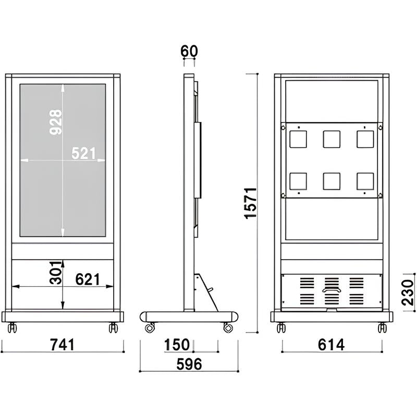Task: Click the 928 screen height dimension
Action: coord(57,122)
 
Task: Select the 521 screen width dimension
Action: coord(84,153)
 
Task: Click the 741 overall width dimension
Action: coord(62,345)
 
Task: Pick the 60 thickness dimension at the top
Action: coord(189,51)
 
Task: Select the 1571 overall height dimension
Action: coord(251,202)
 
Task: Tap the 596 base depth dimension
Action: coord(189,364)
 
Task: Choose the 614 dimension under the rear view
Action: coord(331,345)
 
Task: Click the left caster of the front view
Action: coord(12,328)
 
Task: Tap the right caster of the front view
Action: coord(113,328)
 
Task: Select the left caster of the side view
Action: coord(150,328)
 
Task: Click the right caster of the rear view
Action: coord(382,328)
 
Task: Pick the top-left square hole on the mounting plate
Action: coord(298,139)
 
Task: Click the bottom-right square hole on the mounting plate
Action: coord(365,181)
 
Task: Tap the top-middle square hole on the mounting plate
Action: coord(332,139)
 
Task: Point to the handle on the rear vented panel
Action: coord(331,290)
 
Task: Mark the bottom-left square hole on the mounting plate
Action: coord(298,181)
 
